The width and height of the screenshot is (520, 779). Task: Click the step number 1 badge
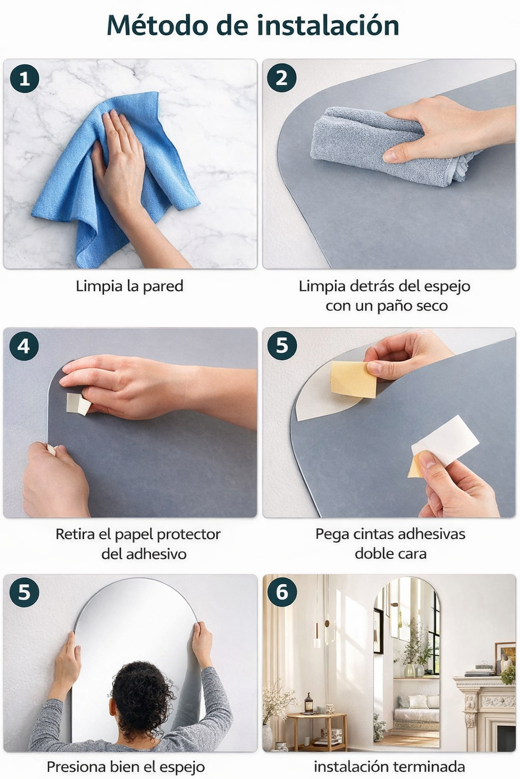[x=24, y=79]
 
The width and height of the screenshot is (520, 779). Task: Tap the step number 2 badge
[x=281, y=78]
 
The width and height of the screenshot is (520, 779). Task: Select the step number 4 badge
[x=24, y=346]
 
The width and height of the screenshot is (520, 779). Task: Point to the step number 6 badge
[x=282, y=592]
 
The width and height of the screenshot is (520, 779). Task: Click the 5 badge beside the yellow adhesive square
[x=282, y=346]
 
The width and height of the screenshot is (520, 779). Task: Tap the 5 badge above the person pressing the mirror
[x=24, y=592]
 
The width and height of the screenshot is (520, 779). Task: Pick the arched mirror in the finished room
[x=406, y=665]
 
